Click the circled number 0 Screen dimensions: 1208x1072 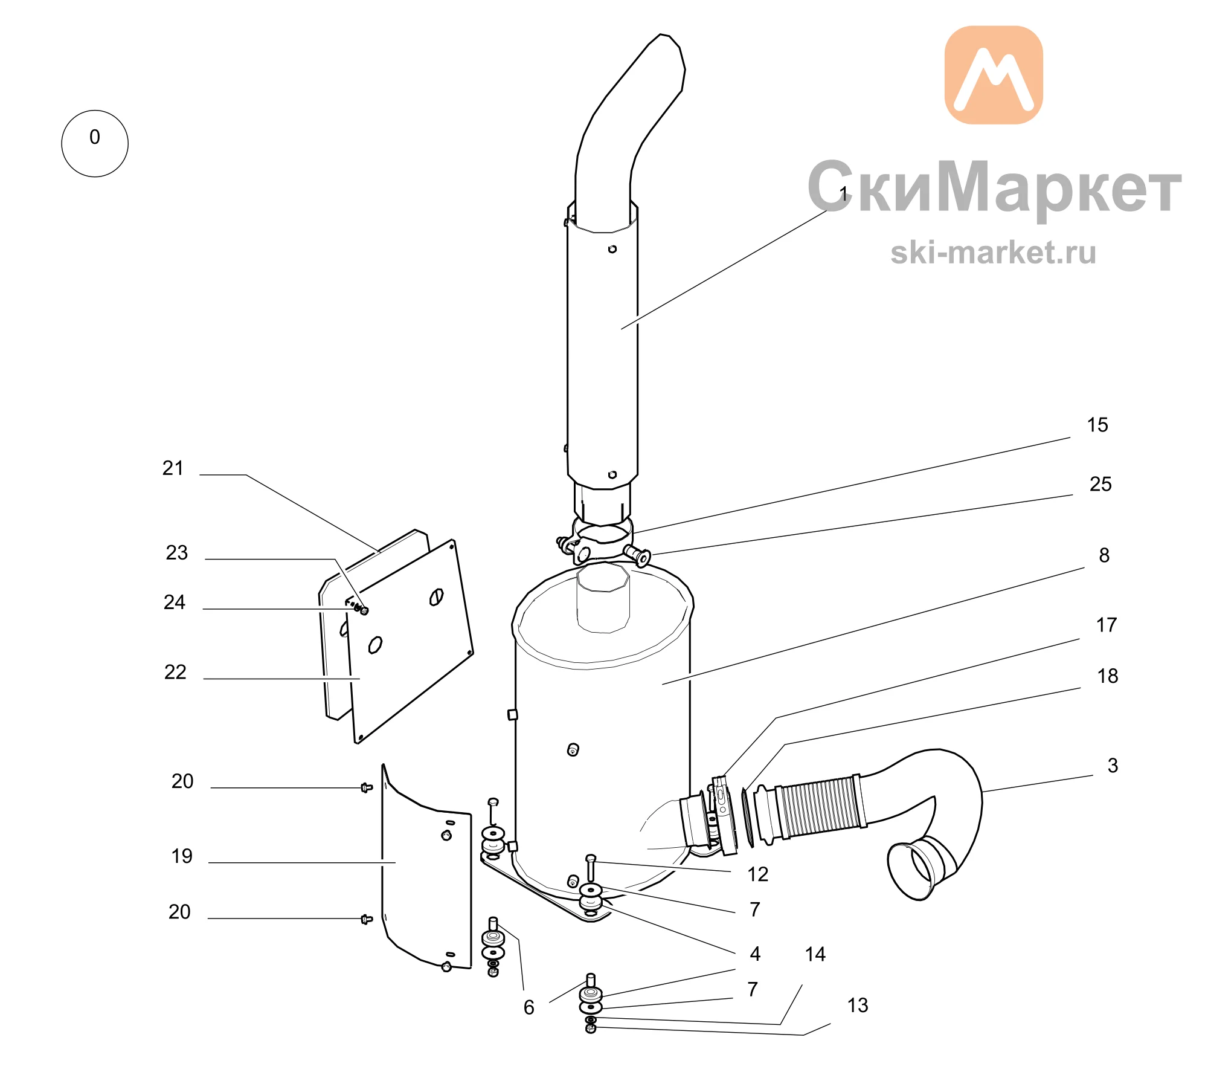[95, 143]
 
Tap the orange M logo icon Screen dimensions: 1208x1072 [994, 75]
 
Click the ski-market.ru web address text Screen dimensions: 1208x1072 [993, 252]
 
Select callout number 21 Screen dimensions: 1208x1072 [173, 468]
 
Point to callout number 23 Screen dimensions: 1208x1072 [177, 553]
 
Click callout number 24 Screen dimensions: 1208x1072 [175, 602]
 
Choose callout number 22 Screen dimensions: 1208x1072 [175, 673]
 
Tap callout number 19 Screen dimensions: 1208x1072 [182, 856]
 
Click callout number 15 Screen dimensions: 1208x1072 [1097, 425]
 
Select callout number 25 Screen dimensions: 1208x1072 [1100, 484]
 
